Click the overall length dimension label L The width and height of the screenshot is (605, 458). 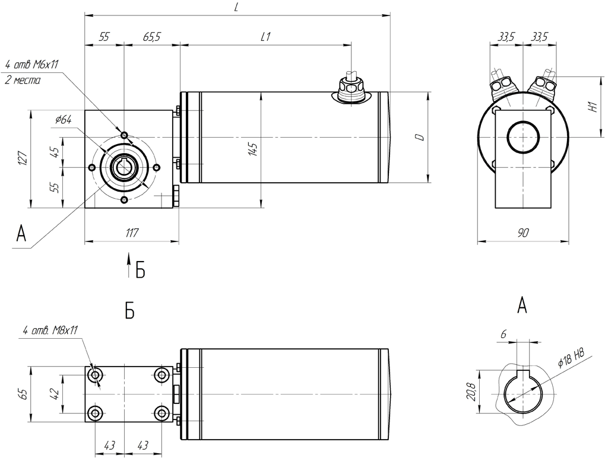(236, 8)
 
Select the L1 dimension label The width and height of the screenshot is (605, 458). (266, 37)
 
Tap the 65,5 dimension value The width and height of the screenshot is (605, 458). (151, 37)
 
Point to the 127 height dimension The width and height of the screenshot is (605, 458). (23, 158)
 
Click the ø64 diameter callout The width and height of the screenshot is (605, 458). (64, 120)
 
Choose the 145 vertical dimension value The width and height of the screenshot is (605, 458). (253, 149)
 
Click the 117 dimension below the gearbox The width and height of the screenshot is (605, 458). (132, 233)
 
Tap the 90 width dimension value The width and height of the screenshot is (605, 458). (523, 233)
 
